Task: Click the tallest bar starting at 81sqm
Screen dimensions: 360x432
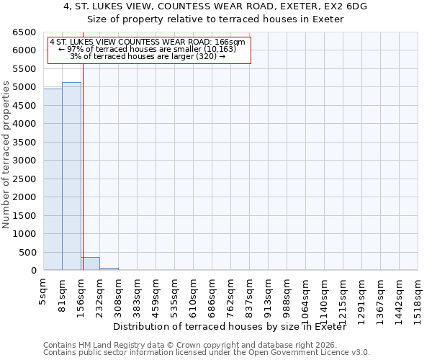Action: pyautogui.click(x=71, y=176)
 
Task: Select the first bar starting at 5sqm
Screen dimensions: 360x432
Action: pyautogui.click(x=53, y=179)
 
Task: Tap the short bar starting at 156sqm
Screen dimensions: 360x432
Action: pyautogui.click(x=90, y=264)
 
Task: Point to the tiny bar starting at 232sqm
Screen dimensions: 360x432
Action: pyautogui.click(x=109, y=269)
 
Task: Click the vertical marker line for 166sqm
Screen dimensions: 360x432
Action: pyautogui.click(x=83, y=166)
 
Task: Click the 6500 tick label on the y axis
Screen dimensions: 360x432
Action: pyautogui.click(x=24, y=32)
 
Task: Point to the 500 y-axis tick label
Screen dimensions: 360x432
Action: pyautogui.click(x=27, y=253)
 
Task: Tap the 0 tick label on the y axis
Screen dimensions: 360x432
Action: pyautogui.click(x=33, y=271)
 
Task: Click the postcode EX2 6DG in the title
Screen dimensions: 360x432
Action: pyautogui.click(x=342, y=6)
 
